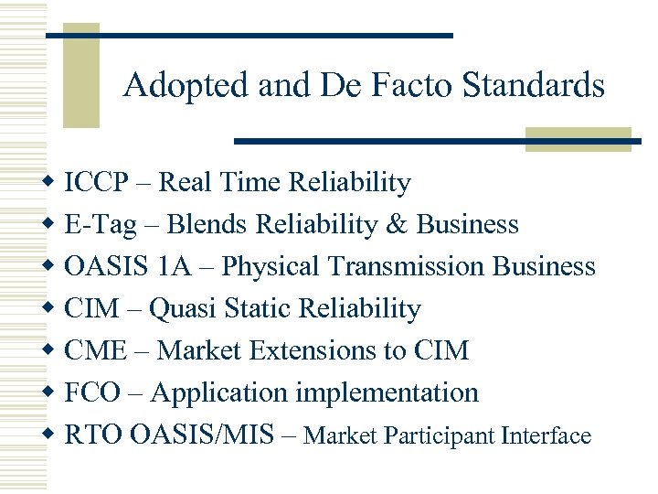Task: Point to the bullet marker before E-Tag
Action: (51, 225)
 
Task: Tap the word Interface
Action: (547, 436)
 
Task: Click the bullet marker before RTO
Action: (51, 435)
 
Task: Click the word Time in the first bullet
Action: (251, 183)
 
